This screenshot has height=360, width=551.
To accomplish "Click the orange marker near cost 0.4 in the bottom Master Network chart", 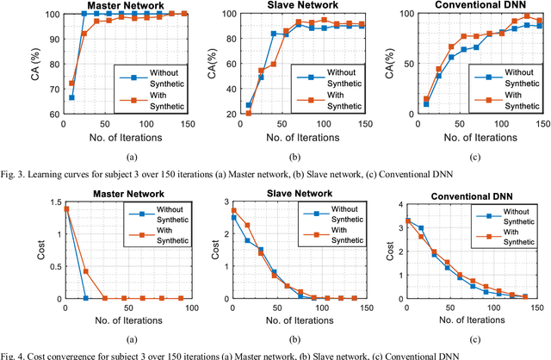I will pyautogui.click(x=84, y=271).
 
